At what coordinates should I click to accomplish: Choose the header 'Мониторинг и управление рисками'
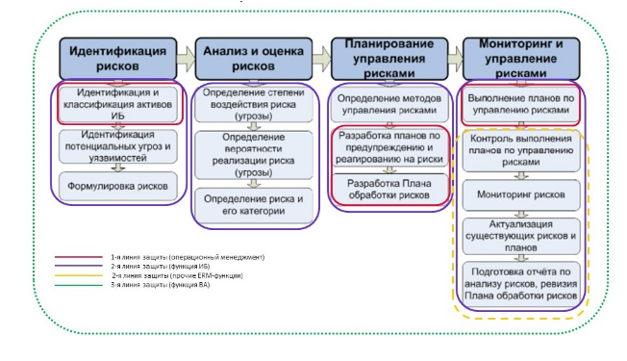click(x=519, y=57)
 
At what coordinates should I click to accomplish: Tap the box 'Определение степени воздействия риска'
click(x=253, y=104)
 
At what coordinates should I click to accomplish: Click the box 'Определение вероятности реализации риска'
click(x=253, y=154)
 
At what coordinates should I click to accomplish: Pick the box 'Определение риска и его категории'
click(x=253, y=203)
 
